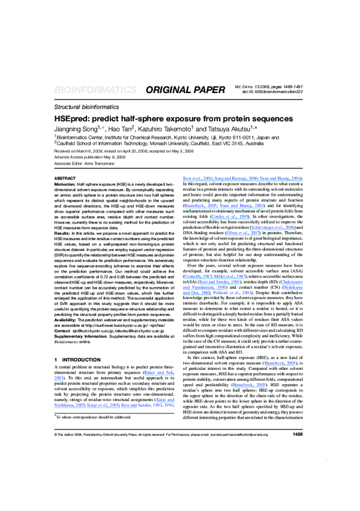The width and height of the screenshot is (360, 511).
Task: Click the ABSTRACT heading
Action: tap(65, 179)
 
